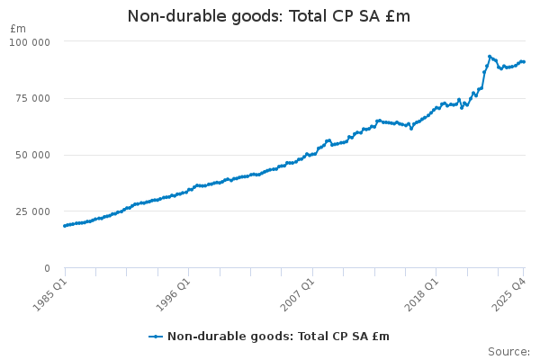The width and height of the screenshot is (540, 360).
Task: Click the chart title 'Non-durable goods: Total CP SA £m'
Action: coord(269,16)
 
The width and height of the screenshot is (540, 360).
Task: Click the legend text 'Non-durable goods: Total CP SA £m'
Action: coord(278,336)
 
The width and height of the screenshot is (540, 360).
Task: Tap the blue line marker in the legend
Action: coord(157,336)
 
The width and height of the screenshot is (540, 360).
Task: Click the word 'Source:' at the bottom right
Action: coord(508,351)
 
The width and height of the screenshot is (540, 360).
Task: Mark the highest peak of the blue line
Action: coord(490,57)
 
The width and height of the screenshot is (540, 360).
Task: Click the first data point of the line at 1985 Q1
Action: coord(65,226)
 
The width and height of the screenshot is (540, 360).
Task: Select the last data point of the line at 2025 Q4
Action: coord(524,62)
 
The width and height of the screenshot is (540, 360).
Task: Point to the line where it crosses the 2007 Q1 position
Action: coord(312,154)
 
